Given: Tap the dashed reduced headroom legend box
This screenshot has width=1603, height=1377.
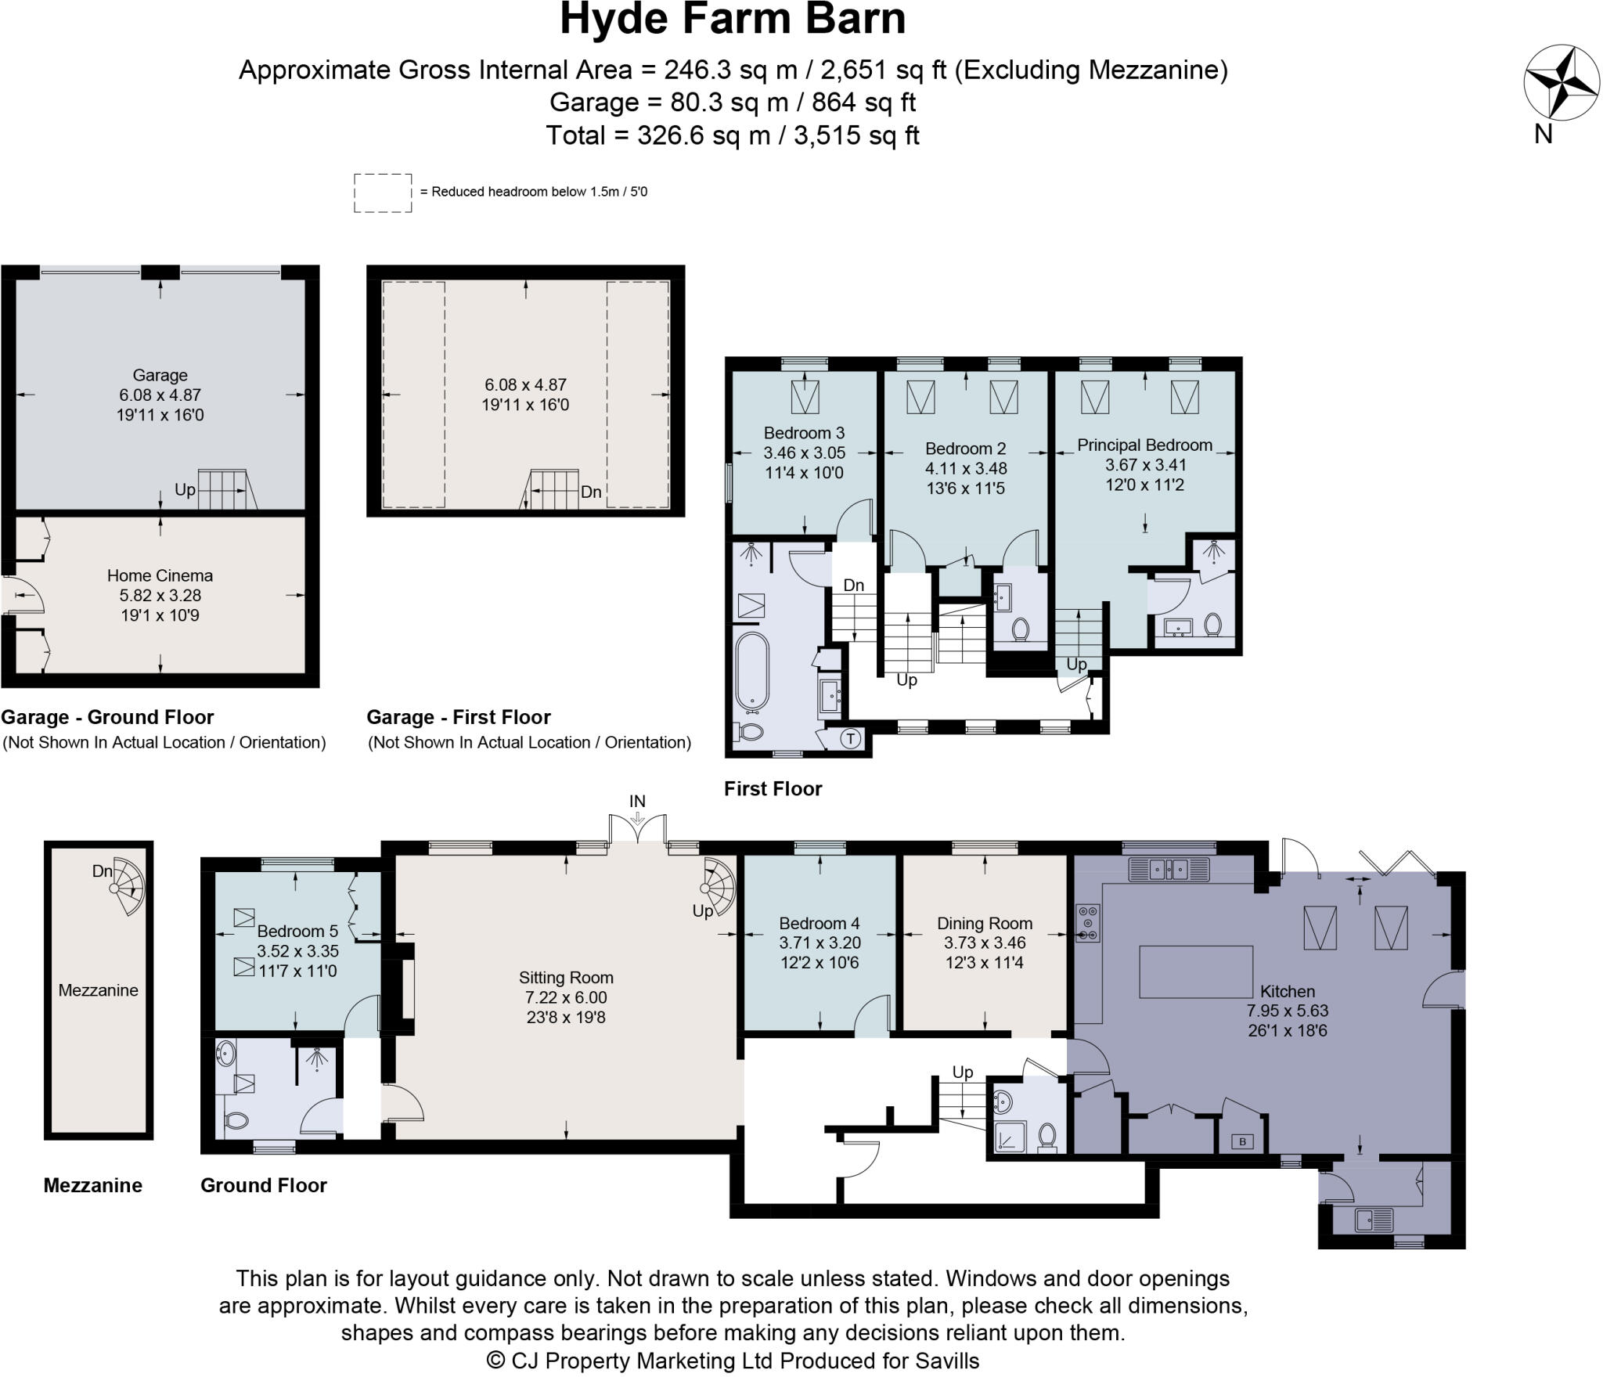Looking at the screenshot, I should (x=382, y=193).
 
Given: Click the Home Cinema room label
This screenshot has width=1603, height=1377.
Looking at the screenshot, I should (x=160, y=575).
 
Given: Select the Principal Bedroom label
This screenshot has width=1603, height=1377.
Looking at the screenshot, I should (x=1144, y=445).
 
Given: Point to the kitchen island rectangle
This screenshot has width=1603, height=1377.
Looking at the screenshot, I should (x=1195, y=971).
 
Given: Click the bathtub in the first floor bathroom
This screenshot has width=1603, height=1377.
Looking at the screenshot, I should (x=752, y=669).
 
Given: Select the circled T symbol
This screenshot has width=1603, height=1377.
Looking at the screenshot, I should (x=851, y=738).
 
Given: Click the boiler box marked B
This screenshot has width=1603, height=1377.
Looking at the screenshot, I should (x=1242, y=1141).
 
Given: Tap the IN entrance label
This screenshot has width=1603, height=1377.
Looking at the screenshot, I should (x=637, y=801).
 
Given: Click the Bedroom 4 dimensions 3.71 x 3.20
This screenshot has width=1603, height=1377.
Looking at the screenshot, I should (x=819, y=943).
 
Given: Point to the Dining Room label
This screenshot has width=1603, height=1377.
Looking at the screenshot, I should (x=984, y=924).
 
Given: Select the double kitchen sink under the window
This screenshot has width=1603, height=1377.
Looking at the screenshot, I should (x=1169, y=869).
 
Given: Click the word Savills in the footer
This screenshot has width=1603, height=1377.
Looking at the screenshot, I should (x=947, y=1361).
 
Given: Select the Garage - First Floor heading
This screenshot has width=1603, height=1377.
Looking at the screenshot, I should (x=458, y=717).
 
